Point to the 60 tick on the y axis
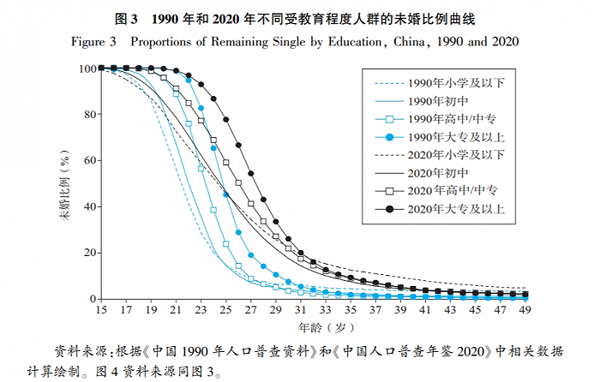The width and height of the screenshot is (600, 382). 88,161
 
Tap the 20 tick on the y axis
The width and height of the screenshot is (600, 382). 88,253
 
